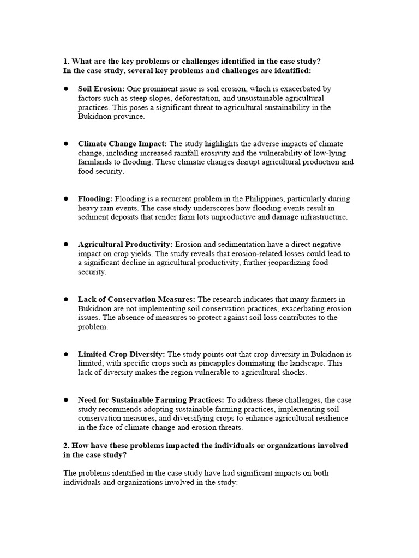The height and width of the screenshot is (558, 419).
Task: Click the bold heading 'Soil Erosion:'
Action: [x=101, y=88]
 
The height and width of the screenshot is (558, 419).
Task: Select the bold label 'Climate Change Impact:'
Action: [x=123, y=144]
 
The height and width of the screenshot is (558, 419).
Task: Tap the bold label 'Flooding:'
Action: [x=95, y=199]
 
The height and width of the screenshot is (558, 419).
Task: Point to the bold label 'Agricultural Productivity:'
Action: [x=125, y=244]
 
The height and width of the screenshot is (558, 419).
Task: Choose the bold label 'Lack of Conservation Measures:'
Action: [x=136, y=299]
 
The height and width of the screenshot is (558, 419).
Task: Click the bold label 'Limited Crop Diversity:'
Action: [x=122, y=354]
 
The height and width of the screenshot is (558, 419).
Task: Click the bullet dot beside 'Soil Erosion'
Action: [x=65, y=88]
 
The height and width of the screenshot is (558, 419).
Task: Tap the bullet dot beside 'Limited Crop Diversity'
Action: [x=65, y=354]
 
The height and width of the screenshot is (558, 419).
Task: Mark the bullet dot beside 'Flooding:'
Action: [x=65, y=199]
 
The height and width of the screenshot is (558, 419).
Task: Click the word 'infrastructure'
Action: [x=321, y=217]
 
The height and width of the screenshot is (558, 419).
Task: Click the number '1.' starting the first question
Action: [x=67, y=61]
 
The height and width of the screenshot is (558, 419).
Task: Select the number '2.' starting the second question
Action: [x=67, y=446]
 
